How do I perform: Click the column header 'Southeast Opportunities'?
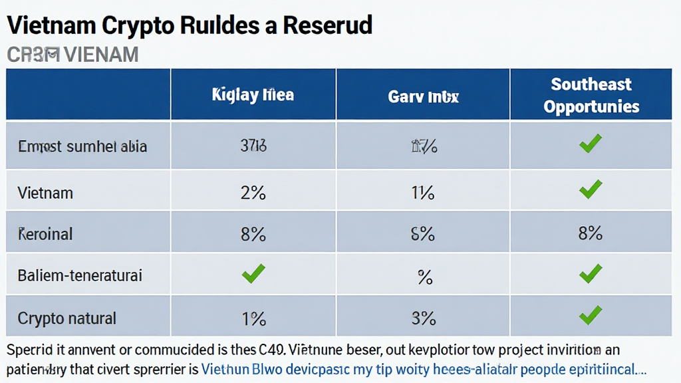point(591,95)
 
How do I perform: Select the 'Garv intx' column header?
point(423,96)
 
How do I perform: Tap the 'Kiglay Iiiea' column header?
point(253,95)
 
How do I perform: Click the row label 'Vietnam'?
point(45,193)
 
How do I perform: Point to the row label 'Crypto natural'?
point(67,318)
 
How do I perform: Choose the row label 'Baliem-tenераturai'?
point(80,275)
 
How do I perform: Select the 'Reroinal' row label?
point(45,234)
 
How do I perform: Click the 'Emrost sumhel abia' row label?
point(82,146)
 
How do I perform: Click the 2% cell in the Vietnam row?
point(253,193)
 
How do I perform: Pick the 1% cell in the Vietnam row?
point(423,193)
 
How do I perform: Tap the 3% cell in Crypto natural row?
point(423,318)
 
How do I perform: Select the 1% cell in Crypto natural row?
point(253,318)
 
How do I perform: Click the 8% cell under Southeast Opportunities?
point(591,233)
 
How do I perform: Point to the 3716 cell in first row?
point(253,146)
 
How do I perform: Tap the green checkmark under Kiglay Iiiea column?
point(253,273)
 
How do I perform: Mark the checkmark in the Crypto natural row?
point(591,315)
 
